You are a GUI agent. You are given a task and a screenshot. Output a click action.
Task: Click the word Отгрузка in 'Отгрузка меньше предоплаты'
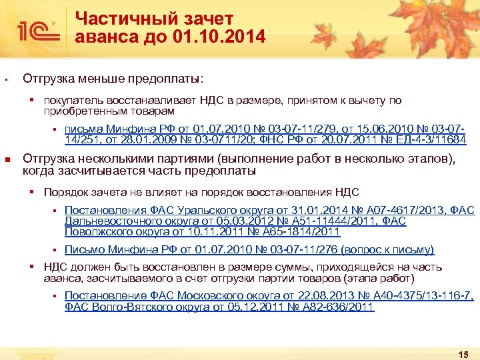pos(49,79)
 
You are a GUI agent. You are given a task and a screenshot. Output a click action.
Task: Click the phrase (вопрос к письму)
pos(387,250)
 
